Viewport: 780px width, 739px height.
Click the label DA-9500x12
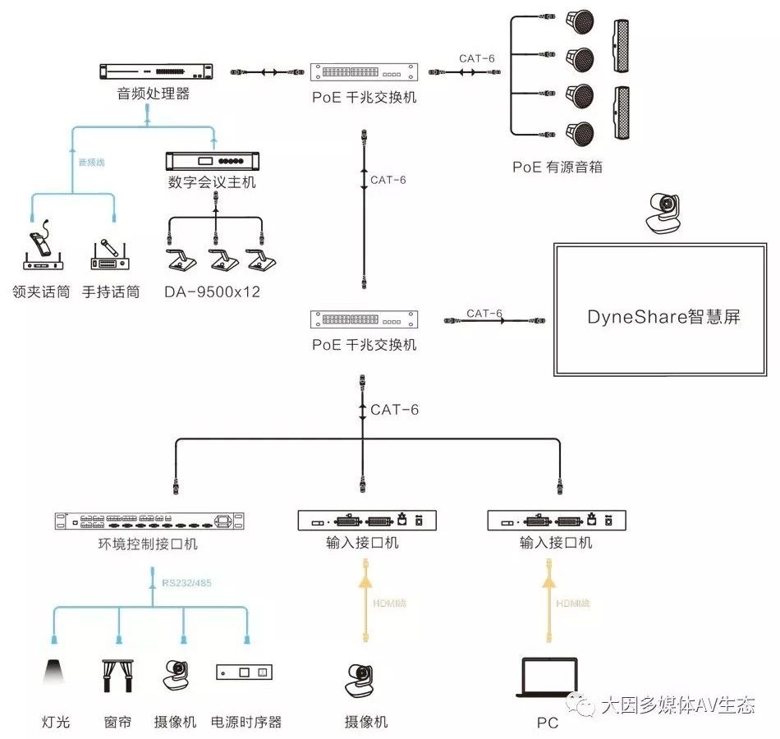pos(212,291)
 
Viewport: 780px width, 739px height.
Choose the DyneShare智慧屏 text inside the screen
pos(663,317)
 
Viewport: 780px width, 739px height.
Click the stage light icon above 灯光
pos(56,672)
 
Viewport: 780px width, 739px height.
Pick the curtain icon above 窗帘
pos(118,673)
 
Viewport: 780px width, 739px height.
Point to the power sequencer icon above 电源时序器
pos(244,672)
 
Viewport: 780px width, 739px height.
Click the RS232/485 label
pos(188,584)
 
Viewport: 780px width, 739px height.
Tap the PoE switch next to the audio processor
pos(365,73)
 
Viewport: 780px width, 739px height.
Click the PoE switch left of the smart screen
pos(365,319)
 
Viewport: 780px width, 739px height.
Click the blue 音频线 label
pos(91,163)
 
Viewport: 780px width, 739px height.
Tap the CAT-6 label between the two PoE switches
pos(388,180)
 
